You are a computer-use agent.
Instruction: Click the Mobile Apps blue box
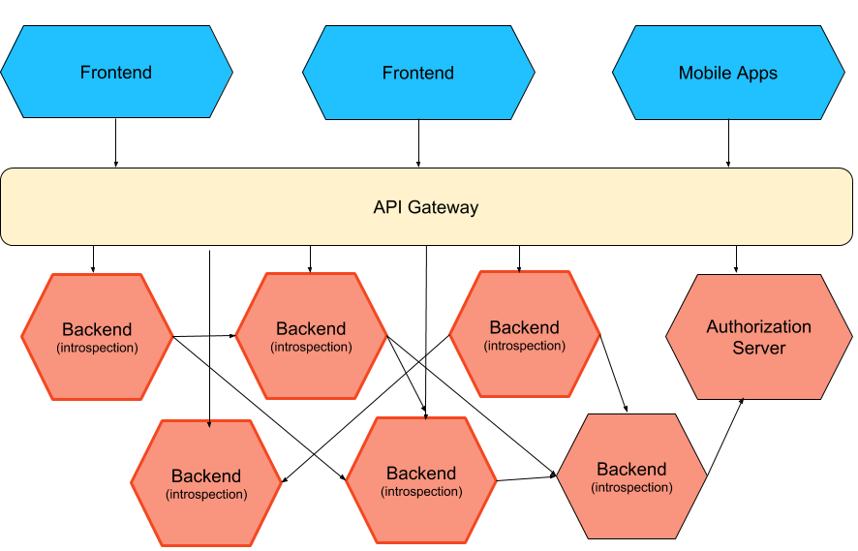tap(728, 73)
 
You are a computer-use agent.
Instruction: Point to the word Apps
tap(755, 74)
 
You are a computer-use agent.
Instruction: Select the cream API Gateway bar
tap(426, 207)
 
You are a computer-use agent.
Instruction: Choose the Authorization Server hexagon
tap(759, 337)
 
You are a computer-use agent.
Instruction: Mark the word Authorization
tap(759, 327)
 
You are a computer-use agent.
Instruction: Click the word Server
tap(759, 348)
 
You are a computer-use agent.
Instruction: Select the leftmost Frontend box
tap(116, 73)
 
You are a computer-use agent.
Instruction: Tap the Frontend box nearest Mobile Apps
tap(418, 73)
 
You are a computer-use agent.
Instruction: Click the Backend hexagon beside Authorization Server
tap(525, 334)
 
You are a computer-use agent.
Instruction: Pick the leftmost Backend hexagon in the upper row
tap(97, 336)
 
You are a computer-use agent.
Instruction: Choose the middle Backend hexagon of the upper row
tap(311, 336)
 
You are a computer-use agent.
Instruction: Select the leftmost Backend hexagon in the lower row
tap(206, 483)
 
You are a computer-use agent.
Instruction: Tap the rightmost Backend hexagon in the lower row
tap(631, 476)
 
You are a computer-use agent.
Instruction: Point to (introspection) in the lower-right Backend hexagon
tap(631, 487)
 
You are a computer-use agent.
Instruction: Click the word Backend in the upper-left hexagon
tap(97, 329)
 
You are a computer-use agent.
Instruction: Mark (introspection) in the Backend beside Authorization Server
tap(525, 346)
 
